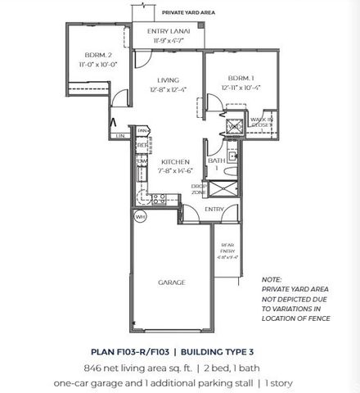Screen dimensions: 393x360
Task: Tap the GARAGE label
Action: (x=171, y=281)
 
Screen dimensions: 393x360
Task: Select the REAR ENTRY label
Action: (x=227, y=247)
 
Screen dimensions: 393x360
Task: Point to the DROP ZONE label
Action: (x=196, y=188)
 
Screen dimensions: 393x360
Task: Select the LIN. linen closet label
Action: (x=120, y=135)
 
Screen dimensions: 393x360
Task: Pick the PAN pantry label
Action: (x=142, y=130)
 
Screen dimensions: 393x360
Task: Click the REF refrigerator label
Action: (x=141, y=146)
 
